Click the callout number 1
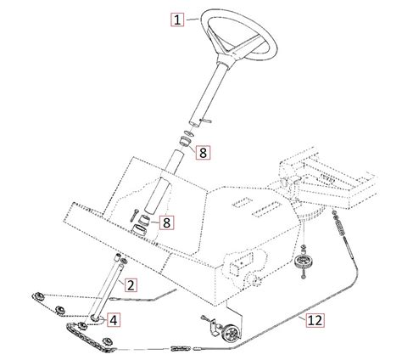[177, 20]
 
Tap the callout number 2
[131, 285]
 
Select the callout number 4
[114, 320]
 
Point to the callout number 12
[315, 320]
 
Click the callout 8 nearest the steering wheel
[204, 153]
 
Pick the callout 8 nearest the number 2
[167, 222]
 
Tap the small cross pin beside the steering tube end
[205, 121]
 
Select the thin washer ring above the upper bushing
[188, 132]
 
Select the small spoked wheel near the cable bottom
[233, 334]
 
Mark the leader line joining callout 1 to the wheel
[193, 20]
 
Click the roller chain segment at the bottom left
[90, 338]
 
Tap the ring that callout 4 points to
[95, 318]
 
